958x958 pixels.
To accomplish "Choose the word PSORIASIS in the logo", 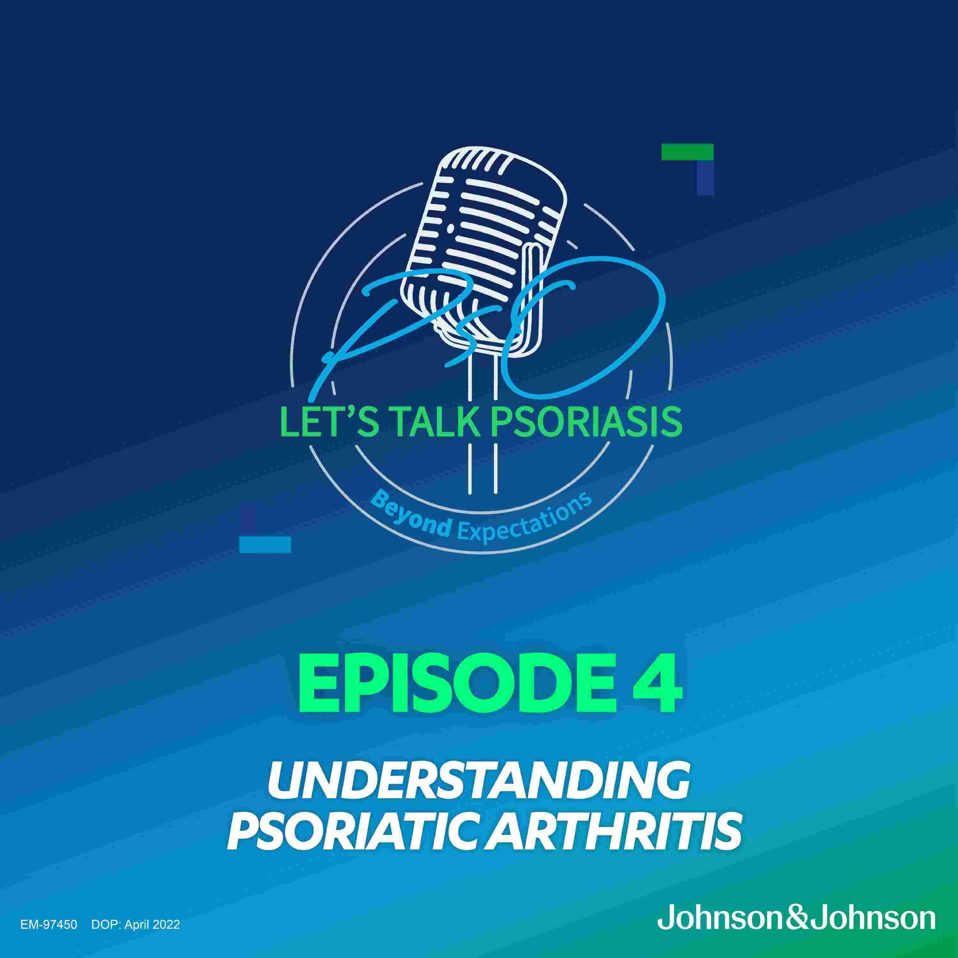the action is click(578, 422).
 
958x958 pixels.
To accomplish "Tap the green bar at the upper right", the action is click(687, 152).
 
